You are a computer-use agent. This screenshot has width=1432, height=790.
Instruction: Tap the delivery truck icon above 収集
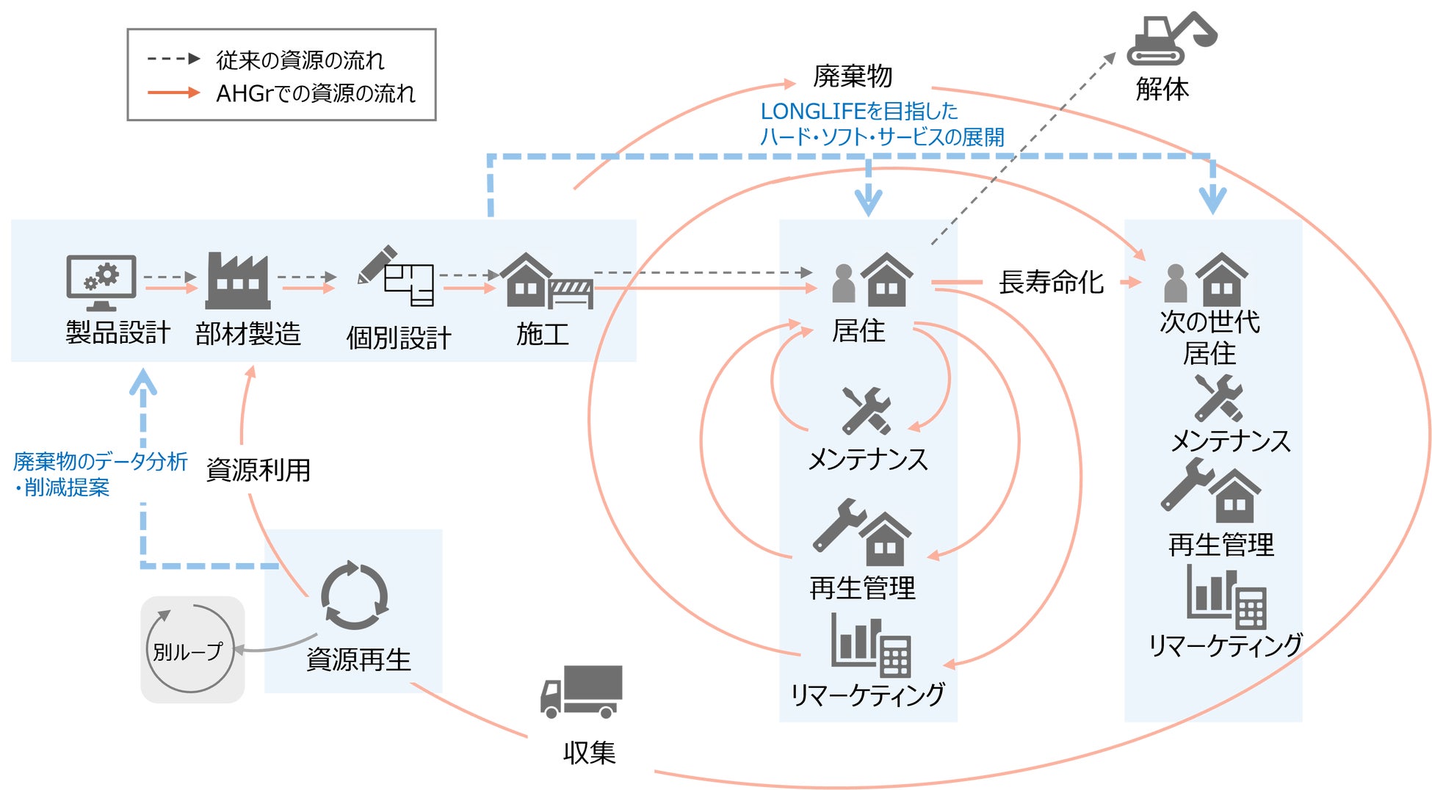582,692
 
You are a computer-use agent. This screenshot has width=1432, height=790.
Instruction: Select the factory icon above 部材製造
237,281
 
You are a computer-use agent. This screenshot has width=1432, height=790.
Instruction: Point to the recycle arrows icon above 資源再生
355,595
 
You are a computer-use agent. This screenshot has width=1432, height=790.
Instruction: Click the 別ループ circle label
188,651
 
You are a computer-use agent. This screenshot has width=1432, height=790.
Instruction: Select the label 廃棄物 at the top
853,76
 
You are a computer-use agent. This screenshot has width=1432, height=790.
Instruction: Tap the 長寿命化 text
1051,282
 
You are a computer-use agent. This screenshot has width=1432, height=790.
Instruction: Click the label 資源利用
258,470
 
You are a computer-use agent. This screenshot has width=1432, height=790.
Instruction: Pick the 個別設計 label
399,338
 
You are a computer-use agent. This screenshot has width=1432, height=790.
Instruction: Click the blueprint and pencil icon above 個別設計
396,276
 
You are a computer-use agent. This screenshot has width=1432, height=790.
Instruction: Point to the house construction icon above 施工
546,281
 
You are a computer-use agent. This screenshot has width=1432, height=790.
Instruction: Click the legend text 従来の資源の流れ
300,60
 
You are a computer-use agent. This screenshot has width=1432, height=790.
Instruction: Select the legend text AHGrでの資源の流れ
315,93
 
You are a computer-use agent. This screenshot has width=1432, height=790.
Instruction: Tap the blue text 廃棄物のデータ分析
101,461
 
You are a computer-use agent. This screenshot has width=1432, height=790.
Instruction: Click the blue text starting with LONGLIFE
859,112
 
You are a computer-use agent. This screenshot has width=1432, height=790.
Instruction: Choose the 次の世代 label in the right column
1209,322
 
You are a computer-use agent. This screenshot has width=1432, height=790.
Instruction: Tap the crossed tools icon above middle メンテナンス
867,410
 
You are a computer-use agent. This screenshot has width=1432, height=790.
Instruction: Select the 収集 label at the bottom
589,753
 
